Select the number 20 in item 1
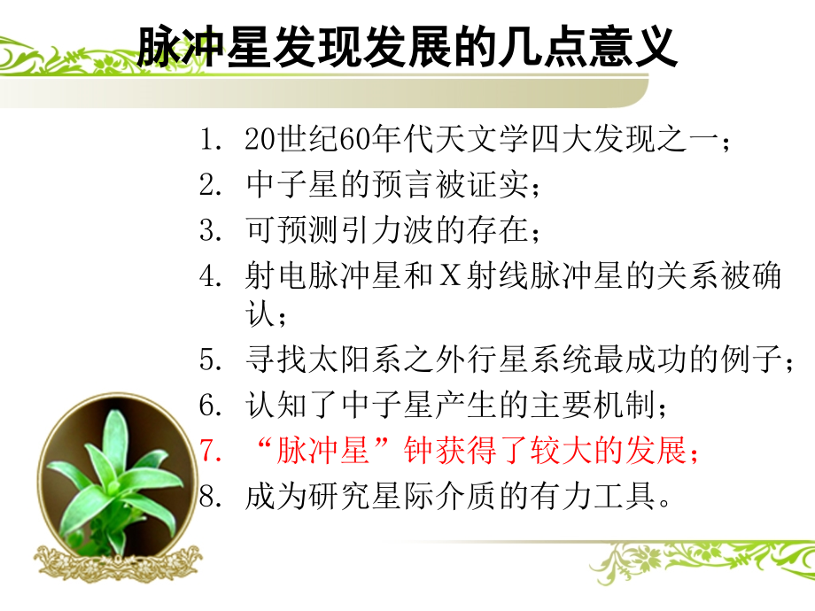point(258,140)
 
